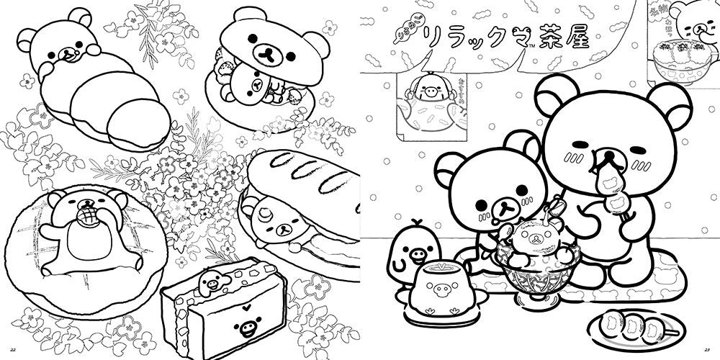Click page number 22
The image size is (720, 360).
click(9, 351)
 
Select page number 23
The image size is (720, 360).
click(710, 351)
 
